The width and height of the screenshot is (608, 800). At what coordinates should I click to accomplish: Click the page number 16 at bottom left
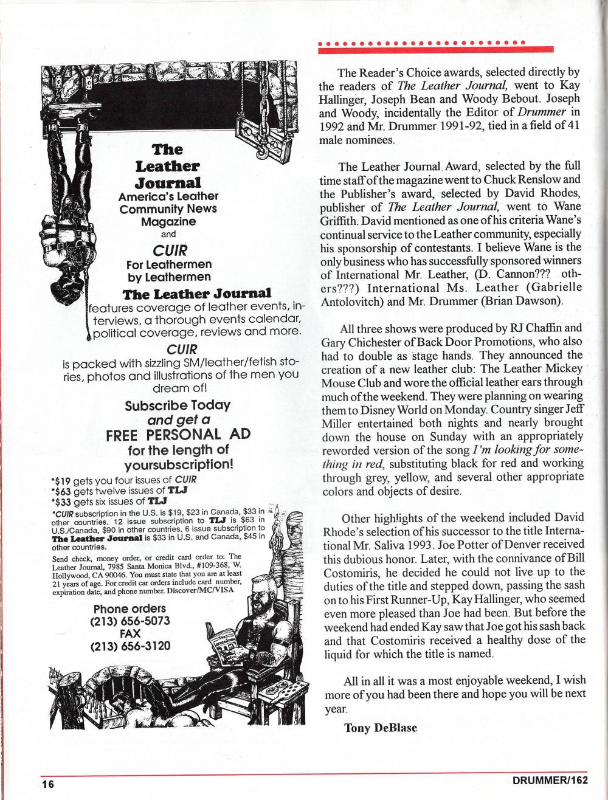48,784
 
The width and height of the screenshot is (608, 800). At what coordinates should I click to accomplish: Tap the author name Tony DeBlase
381,728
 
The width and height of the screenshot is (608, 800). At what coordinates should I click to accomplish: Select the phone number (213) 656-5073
130,621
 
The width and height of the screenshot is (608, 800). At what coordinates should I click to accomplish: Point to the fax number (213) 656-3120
130,646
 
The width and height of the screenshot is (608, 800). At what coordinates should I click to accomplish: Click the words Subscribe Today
178,405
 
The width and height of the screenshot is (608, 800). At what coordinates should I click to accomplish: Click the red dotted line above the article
422,44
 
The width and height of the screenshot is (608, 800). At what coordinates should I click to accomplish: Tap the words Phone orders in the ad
130,609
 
